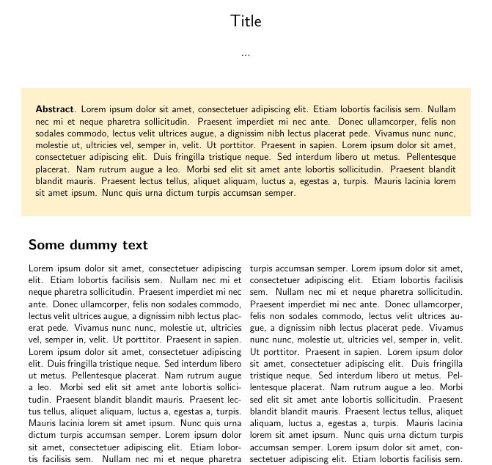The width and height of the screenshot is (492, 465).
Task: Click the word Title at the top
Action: (246, 21)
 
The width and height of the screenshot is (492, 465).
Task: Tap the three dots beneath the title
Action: (246, 54)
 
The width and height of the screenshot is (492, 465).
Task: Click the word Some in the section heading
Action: (45, 245)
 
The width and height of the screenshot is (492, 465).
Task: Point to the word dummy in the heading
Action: (92, 245)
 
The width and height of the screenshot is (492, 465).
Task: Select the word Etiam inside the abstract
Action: (323, 109)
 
